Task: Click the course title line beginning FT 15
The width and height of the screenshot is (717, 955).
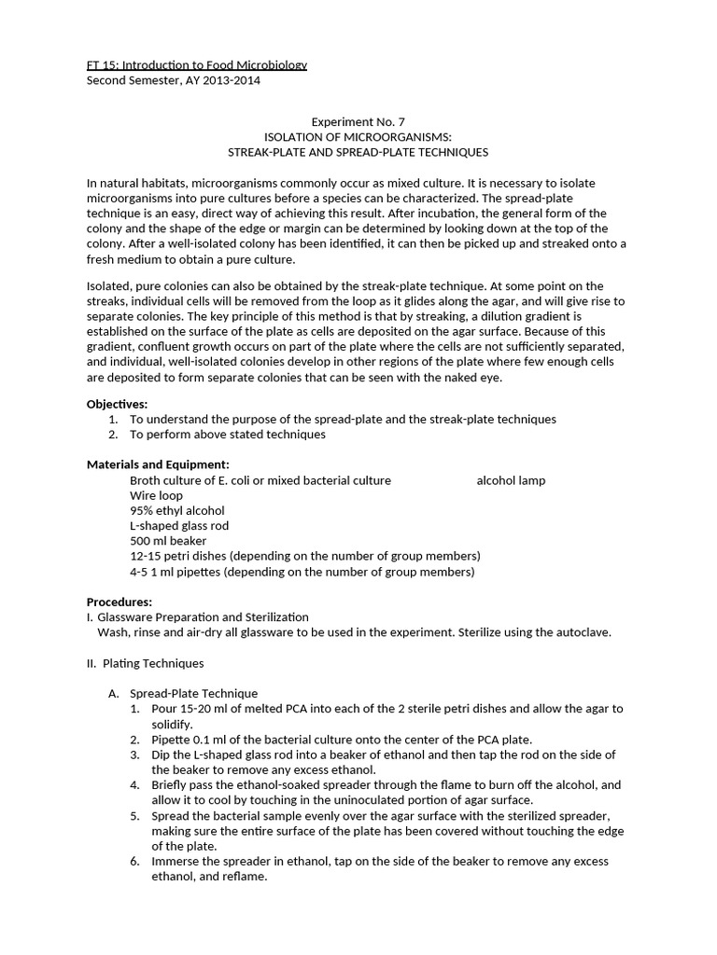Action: click(x=197, y=64)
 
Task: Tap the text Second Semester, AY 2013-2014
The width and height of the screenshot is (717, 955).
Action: click(x=174, y=80)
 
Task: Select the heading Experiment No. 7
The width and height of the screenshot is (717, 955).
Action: click(x=358, y=121)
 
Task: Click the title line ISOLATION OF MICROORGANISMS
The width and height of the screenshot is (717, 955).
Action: click(x=358, y=136)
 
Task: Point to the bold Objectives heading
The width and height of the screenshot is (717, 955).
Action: click(x=118, y=404)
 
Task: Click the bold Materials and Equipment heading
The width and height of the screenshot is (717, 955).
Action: click(x=158, y=464)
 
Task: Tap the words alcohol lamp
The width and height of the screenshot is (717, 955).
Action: click(x=511, y=480)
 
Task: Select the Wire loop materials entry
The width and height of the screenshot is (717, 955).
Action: click(x=156, y=495)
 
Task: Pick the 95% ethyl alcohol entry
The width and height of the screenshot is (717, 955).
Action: click(x=177, y=510)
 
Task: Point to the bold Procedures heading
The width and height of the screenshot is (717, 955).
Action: click(x=119, y=602)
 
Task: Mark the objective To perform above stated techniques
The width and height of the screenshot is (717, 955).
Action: click(x=227, y=435)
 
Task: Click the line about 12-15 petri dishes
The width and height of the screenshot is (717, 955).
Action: click(x=305, y=556)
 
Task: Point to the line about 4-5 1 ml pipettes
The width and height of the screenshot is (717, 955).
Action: click(x=302, y=572)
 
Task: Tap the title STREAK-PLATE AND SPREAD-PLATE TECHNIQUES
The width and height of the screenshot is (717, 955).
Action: click(x=358, y=151)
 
